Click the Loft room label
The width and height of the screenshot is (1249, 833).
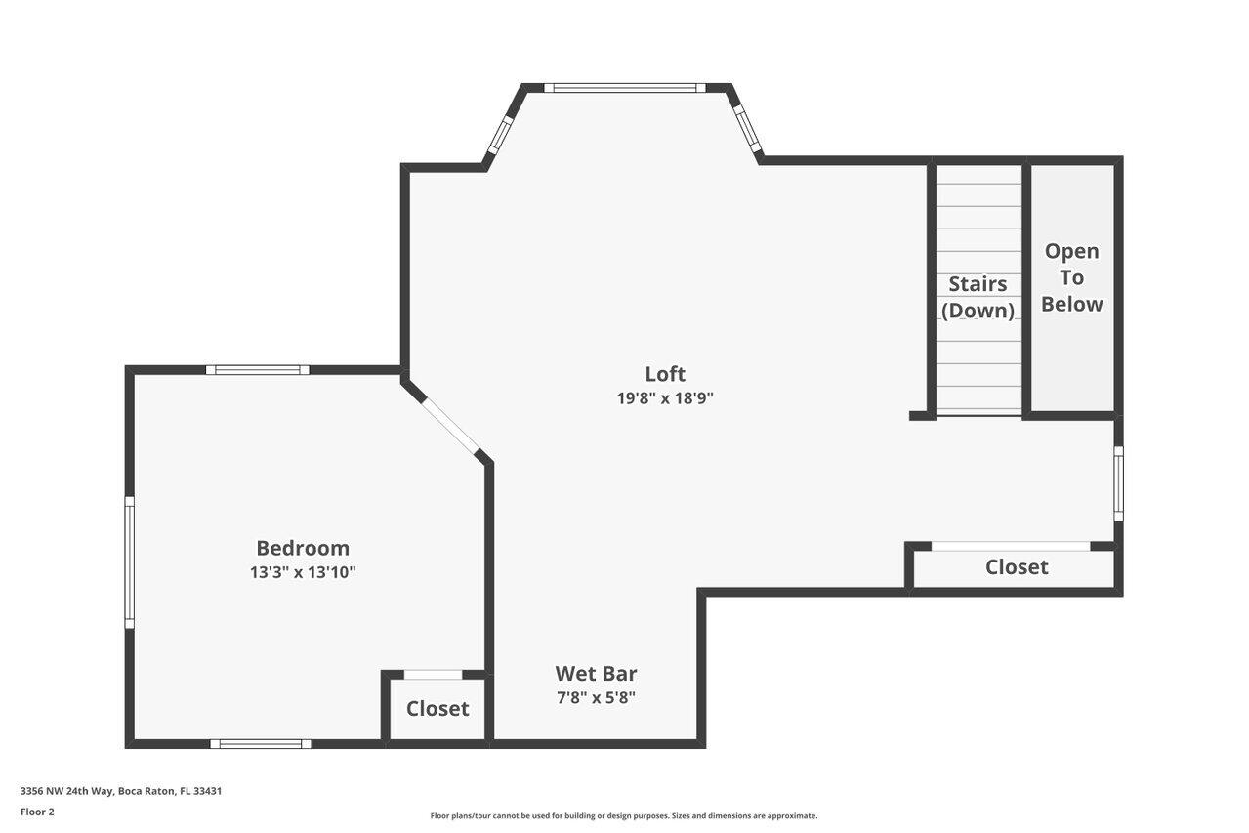[x=665, y=373]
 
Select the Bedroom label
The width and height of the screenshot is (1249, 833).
[x=303, y=548]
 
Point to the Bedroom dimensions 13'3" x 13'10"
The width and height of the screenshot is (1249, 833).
[x=303, y=572]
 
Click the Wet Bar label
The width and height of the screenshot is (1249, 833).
[x=596, y=673]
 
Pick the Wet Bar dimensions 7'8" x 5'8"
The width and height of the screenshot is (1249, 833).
[x=596, y=697]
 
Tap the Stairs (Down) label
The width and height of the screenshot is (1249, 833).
[x=978, y=297]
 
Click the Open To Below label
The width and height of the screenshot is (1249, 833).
[x=1071, y=277]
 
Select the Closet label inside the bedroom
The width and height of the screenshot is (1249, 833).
[x=437, y=708]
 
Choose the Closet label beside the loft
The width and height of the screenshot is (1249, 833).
[x=1017, y=566]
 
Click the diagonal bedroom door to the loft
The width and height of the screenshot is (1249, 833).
[x=447, y=421]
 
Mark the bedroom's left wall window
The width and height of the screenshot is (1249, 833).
[x=129, y=562]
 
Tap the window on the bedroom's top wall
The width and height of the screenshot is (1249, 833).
[x=258, y=370]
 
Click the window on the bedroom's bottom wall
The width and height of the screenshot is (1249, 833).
[x=261, y=744]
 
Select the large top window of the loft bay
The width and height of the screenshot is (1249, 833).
[x=625, y=88]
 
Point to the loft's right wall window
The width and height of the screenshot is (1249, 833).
[x=1119, y=483]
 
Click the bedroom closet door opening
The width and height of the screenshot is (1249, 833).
[x=434, y=674]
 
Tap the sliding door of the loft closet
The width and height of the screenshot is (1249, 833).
[x=1011, y=546]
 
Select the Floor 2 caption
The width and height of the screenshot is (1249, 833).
[x=37, y=812]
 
